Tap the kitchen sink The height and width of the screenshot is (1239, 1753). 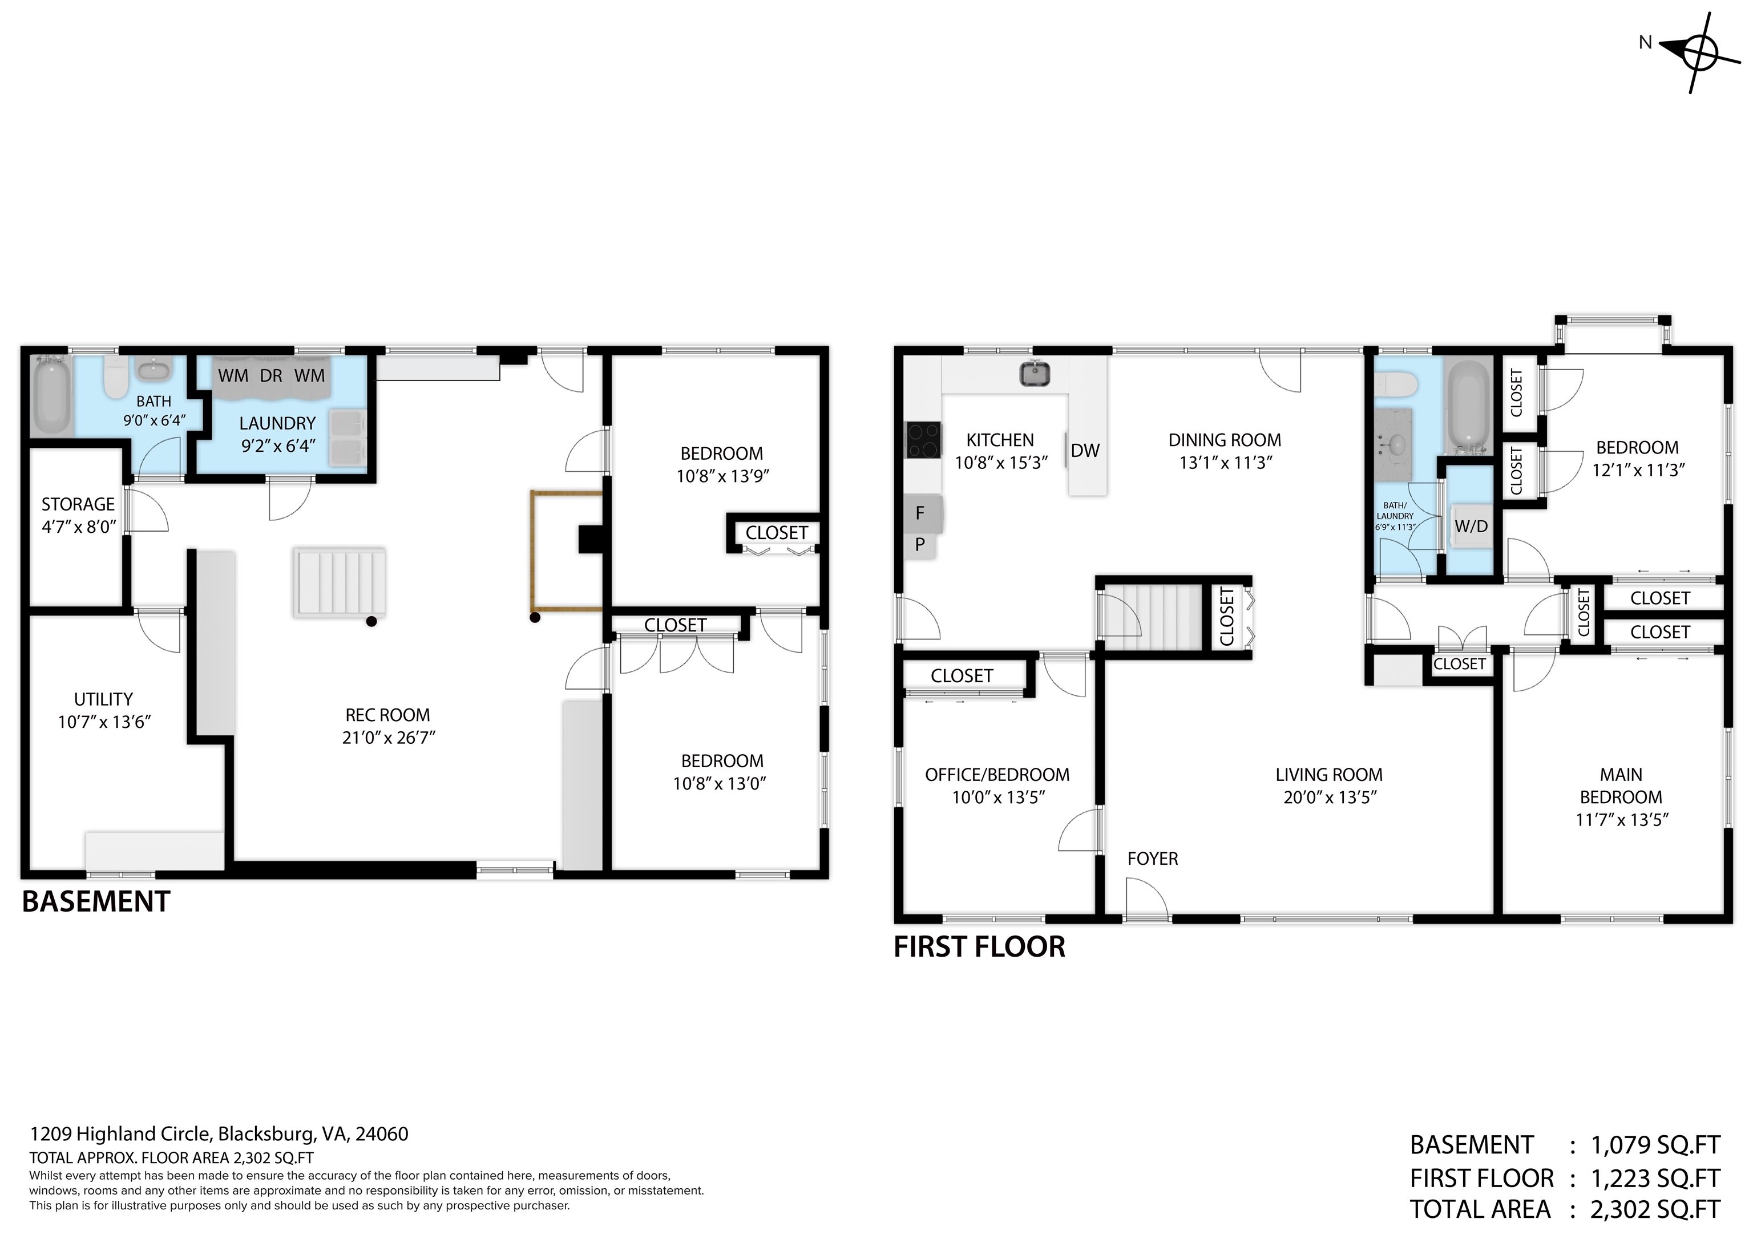coord(1035,373)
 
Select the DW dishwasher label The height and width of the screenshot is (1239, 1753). coord(1085,451)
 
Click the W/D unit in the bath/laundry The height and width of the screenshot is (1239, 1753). coord(1471,526)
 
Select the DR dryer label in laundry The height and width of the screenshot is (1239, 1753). coord(271,375)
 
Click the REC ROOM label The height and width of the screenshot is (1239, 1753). coord(388,715)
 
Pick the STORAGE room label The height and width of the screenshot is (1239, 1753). coord(78,505)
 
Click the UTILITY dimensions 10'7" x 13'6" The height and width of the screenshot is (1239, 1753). coord(104,722)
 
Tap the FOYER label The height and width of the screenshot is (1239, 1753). coord(1152,859)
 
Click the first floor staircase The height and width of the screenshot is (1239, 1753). coord(1149,617)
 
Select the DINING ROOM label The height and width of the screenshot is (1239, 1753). coord(1225,440)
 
